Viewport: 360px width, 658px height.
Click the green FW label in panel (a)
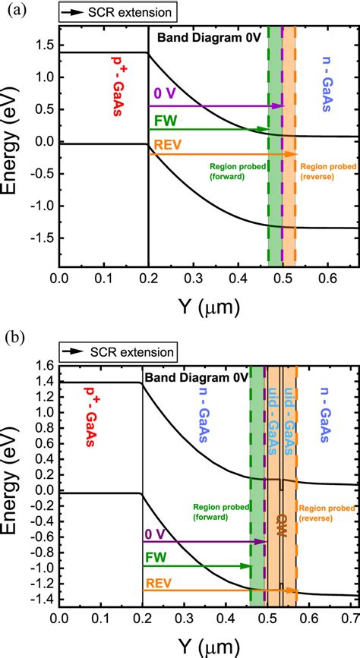pos(164,120)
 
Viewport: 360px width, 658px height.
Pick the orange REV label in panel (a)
pos(168,144)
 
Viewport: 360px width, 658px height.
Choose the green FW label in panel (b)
pos(156,558)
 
